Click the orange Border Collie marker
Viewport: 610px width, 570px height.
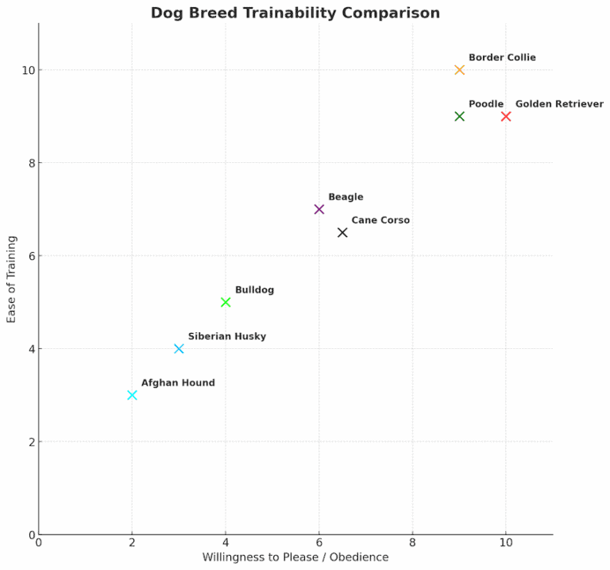click(459, 70)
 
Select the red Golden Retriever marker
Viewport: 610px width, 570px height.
click(506, 116)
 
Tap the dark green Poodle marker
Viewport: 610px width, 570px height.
click(459, 116)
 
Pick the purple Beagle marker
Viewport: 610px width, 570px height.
click(319, 209)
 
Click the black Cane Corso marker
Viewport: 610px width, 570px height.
click(342, 232)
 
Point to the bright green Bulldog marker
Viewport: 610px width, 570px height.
click(226, 302)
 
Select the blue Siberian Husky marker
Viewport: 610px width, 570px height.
click(179, 348)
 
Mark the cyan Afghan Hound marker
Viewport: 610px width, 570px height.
click(132, 395)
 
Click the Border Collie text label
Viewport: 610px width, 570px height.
click(502, 58)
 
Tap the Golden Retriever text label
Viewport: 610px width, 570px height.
click(559, 104)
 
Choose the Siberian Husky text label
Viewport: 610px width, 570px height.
click(227, 336)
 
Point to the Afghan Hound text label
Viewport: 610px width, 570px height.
click(178, 383)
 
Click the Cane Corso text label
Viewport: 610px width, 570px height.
click(380, 220)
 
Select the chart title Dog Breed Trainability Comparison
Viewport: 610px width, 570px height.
click(295, 13)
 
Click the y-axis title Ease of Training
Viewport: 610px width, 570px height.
click(12, 278)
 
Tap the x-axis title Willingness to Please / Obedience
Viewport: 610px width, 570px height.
click(295, 557)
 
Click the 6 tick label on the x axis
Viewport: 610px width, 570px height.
click(319, 542)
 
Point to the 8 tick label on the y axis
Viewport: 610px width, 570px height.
click(30, 163)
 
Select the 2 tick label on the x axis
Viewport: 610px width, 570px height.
click(132, 542)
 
